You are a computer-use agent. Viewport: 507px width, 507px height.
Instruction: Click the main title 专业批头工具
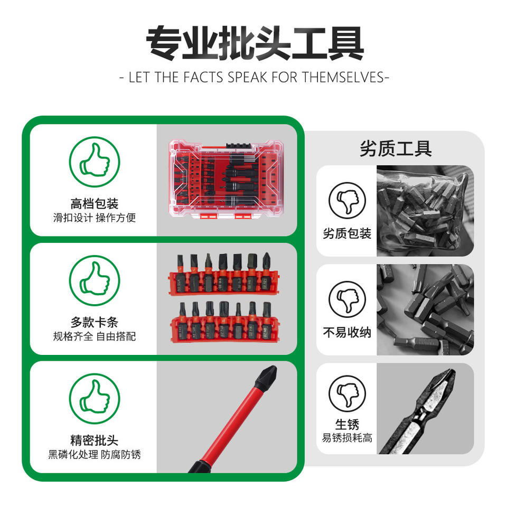pos(255,43)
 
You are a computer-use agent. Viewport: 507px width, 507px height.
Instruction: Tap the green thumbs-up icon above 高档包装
pos(95,162)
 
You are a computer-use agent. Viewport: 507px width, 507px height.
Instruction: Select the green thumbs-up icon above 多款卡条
pos(95,280)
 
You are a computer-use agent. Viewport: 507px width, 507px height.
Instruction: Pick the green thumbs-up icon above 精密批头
pos(95,399)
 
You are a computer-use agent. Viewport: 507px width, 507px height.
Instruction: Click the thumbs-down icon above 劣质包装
pos(347,201)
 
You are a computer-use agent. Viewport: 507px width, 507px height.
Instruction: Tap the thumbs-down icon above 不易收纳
pos(347,299)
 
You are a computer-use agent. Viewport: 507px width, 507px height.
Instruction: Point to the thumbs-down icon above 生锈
pos(347,393)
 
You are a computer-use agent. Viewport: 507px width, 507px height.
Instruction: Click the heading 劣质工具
pos(396,149)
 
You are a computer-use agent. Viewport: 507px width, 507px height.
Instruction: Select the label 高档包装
pos(95,204)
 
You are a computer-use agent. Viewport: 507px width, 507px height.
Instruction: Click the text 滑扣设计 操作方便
pos(95,218)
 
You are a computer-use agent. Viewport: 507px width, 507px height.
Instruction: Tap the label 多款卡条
pos(95,322)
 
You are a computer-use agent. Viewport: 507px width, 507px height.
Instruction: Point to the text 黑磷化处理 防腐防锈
pos(95,454)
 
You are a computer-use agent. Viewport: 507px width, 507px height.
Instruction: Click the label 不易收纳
pos(347,332)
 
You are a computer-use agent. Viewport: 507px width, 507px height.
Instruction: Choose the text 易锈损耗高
pos(347,437)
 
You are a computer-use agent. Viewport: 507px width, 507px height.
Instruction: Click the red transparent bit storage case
pos(226,180)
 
